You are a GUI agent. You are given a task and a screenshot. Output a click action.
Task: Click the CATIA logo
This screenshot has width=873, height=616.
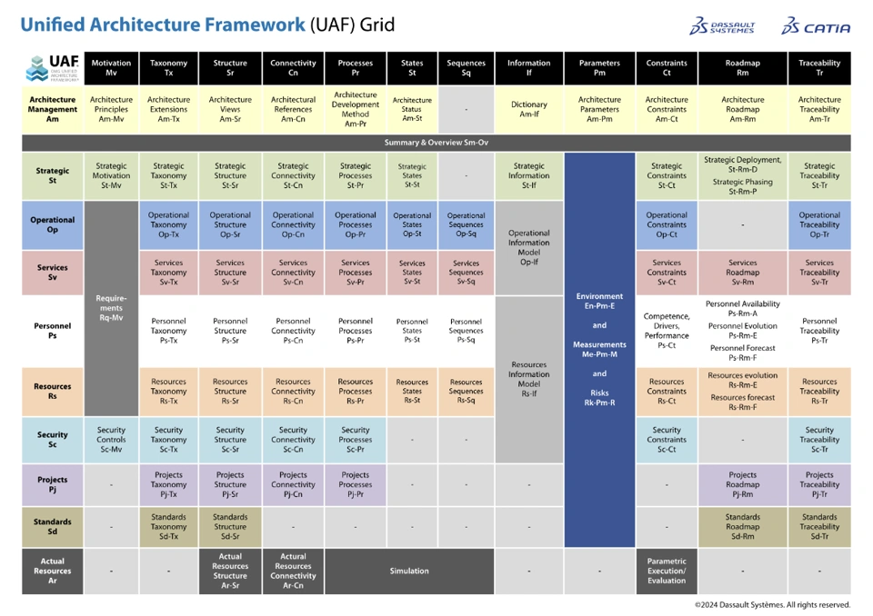click(x=816, y=26)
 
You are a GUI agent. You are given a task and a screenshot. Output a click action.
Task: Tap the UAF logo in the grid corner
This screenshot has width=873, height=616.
click(x=53, y=68)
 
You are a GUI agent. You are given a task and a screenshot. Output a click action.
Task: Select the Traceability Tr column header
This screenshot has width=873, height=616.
click(x=819, y=68)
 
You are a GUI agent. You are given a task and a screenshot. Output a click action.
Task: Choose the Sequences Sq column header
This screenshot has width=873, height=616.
click(x=466, y=68)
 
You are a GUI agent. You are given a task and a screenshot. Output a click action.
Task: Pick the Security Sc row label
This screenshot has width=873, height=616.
click(x=53, y=440)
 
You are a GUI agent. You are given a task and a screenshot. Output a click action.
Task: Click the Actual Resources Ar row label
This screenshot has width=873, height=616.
click(x=53, y=571)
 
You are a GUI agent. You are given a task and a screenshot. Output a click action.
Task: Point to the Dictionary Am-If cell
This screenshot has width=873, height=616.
click(x=528, y=109)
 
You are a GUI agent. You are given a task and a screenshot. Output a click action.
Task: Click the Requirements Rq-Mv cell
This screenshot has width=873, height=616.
click(x=111, y=308)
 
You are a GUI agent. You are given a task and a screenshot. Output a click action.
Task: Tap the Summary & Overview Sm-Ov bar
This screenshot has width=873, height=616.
click(x=436, y=143)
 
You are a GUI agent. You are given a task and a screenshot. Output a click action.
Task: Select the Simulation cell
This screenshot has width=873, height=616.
click(x=409, y=571)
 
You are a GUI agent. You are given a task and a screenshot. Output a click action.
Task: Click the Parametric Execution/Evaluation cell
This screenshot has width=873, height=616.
click(x=667, y=571)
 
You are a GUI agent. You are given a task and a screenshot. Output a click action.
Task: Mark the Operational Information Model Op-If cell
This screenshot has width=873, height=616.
click(x=528, y=247)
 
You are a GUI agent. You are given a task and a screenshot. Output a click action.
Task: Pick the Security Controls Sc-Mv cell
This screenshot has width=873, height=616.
click(x=111, y=440)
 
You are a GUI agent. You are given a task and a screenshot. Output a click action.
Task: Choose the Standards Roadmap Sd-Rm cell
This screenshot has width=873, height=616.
click(x=742, y=527)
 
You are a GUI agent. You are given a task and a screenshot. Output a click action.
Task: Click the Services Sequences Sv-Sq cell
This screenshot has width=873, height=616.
click(x=466, y=273)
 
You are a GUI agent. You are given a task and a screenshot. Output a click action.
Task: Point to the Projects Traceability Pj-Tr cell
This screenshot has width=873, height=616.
click(x=819, y=484)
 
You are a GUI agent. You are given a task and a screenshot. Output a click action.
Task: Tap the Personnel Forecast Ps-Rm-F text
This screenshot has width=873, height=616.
click(x=742, y=353)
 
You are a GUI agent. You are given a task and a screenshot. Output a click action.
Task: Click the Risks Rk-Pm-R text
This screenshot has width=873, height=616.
click(x=599, y=397)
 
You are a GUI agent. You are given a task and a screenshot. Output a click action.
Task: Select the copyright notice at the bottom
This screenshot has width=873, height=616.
click(x=772, y=604)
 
